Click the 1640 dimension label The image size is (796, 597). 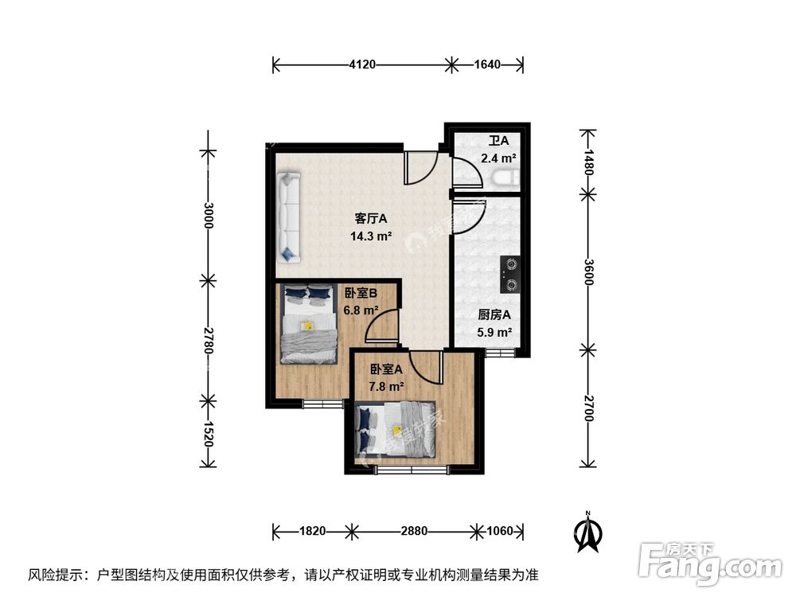487,64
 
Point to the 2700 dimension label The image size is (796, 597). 588,408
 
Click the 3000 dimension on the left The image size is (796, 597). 208,215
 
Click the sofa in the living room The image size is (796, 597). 287,217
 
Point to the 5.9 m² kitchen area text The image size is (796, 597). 494,333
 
